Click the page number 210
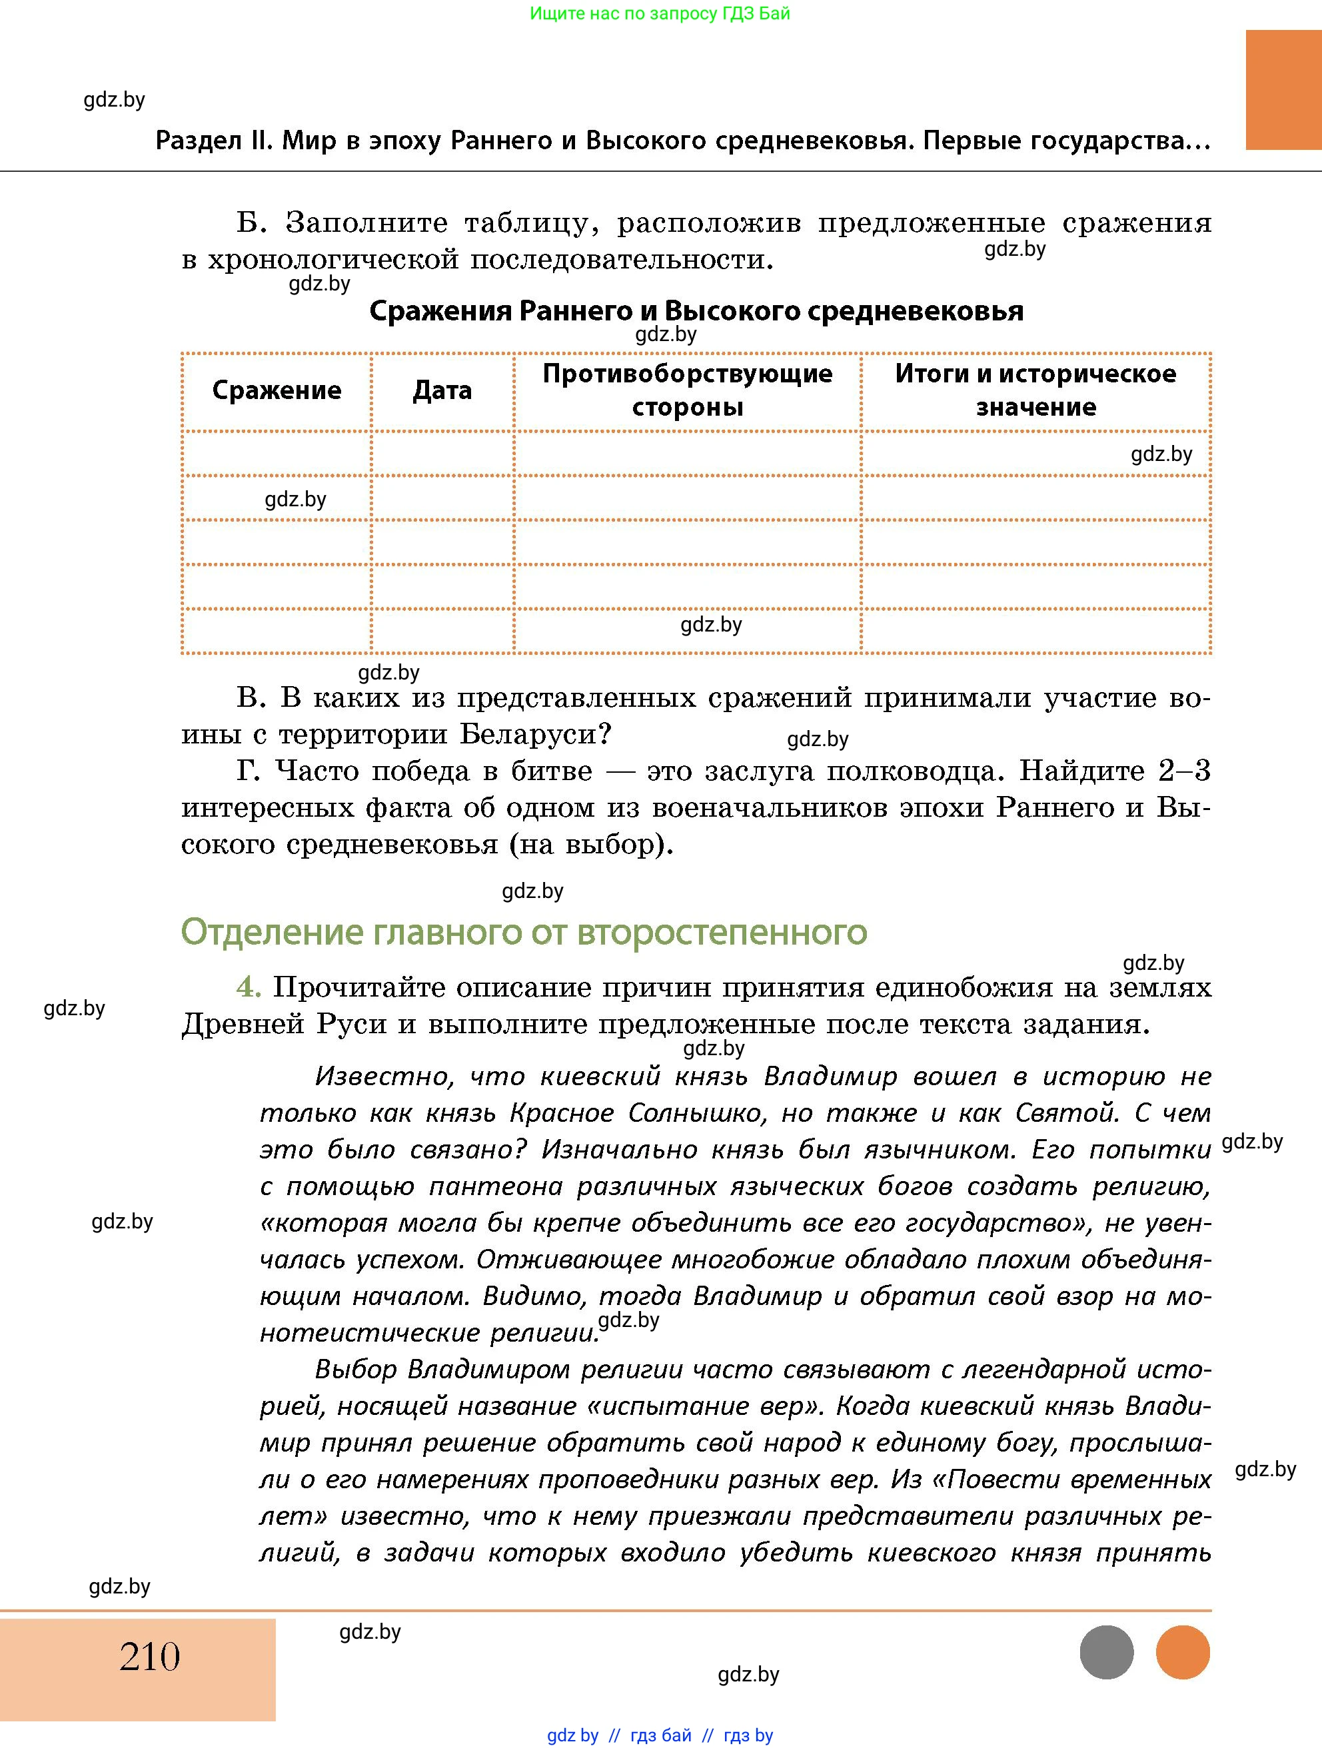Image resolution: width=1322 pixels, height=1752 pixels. pos(150,1656)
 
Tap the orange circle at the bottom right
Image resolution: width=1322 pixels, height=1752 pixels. pos(1183,1652)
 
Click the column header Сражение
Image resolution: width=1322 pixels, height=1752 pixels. pos(277,390)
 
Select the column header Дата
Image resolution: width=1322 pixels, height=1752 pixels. pos(442,390)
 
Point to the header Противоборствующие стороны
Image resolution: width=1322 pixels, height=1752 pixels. pos(687,390)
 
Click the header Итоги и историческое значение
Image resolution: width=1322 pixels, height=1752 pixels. pos(1035,390)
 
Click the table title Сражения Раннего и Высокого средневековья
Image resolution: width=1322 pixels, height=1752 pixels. pos(696,310)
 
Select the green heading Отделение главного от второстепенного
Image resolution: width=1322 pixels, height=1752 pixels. pos(524,932)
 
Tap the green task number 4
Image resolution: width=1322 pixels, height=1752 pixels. pos(248,987)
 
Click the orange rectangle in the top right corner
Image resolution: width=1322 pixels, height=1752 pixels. pos(1283,89)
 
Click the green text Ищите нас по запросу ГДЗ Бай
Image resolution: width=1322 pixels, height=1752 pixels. pos(660,13)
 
